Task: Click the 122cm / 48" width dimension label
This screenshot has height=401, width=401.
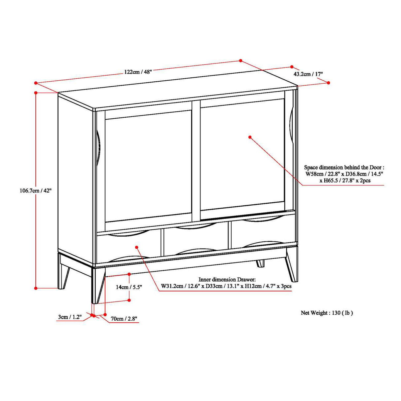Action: (138, 72)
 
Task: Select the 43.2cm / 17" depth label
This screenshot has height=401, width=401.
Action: (308, 74)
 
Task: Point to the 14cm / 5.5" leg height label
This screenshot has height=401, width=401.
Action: (129, 287)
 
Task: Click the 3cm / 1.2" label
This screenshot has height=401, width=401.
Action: (70, 317)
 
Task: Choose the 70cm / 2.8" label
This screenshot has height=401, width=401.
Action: (124, 319)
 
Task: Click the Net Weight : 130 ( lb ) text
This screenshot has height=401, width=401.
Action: (326, 313)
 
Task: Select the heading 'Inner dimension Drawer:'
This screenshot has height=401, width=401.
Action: (227, 279)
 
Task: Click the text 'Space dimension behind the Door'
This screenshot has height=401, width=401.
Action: (344, 168)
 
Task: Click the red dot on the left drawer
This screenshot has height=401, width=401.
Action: (137, 247)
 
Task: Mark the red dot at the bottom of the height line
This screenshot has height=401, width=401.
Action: (36, 288)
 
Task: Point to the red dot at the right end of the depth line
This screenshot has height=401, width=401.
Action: (328, 83)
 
